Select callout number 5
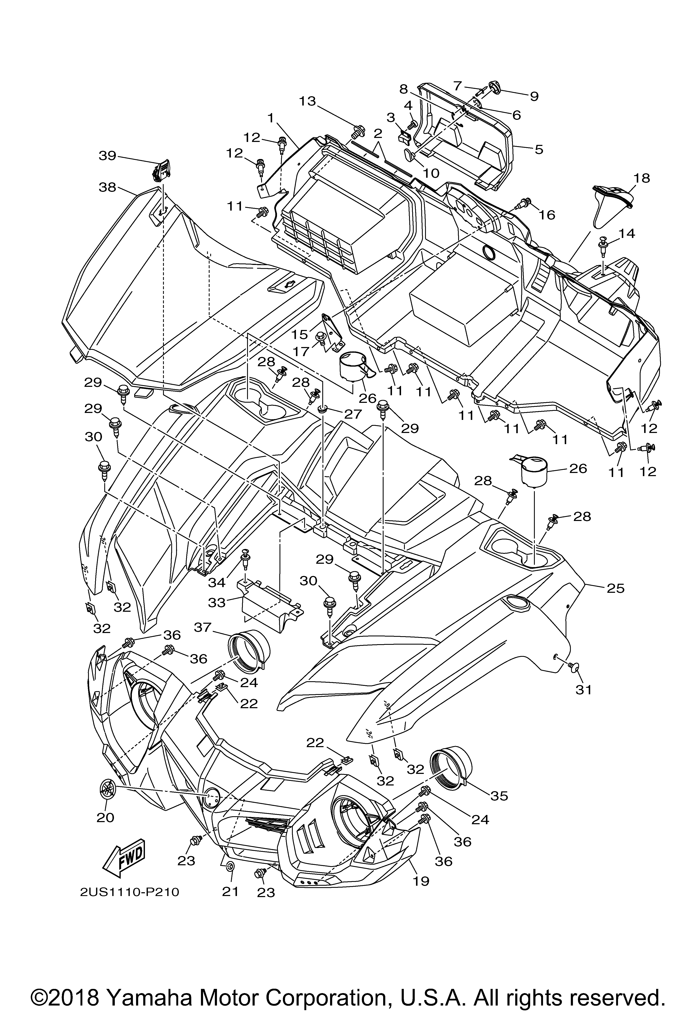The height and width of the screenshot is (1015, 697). pos(539,149)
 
